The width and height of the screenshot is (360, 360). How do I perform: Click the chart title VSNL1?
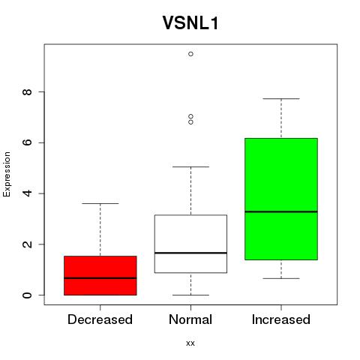190,23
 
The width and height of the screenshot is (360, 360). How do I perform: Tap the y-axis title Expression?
7,174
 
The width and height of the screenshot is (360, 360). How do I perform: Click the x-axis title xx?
190,343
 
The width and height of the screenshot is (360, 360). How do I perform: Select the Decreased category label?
100,319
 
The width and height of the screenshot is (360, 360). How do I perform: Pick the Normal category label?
190,319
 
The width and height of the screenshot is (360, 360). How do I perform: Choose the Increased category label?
281,319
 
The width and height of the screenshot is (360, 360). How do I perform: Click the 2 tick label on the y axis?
27,244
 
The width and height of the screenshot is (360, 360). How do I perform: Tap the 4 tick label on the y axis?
27,193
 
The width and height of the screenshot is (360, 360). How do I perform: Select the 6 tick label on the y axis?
27,142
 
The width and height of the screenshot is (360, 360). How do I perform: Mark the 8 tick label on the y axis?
27,91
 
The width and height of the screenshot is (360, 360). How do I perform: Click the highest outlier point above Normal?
190,54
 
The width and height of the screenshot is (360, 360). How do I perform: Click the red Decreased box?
100,275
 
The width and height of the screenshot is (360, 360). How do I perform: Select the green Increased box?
281,199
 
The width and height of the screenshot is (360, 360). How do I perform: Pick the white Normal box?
190,244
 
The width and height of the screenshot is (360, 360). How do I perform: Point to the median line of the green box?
281,211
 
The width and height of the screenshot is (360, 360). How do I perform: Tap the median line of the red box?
100,278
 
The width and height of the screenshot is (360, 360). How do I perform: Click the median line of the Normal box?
190,253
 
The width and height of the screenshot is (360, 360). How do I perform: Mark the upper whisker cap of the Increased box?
281,99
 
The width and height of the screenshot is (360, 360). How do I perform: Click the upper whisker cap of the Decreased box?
100,203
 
